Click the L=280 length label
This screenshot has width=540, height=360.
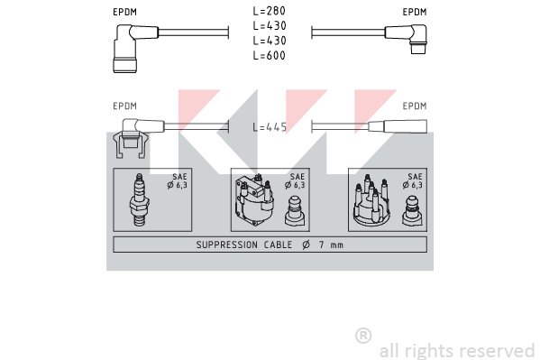pyautogui.click(x=269, y=11)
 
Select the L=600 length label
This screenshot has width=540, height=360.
pyautogui.click(x=269, y=56)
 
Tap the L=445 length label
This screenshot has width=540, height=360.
pyautogui.click(x=270, y=127)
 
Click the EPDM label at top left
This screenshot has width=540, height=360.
pyautogui.click(x=125, y=12)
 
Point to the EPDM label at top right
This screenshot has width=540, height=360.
pyautogui.click(x=415, y=12)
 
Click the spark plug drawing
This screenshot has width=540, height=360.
pyautogui.click(x=139, y=200)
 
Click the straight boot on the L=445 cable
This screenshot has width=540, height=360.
pyautogui.click(x=398, y=126)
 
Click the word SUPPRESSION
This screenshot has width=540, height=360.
pyautogui.click(x=226, y=245)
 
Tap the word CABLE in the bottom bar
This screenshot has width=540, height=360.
pyautogui.click(x=278, y=245)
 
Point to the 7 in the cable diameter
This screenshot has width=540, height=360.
pyautogui.click(x=322, y=245)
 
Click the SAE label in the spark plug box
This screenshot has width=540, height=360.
pyautogui.click(x=179, y=177)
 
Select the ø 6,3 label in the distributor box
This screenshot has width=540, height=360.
pyautogui.click(x=412, y=185)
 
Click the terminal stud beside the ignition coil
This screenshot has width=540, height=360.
pyautogui.click(x=295, y=211)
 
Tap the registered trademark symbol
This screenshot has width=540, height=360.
pyautogui.click(x=363, y=336)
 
